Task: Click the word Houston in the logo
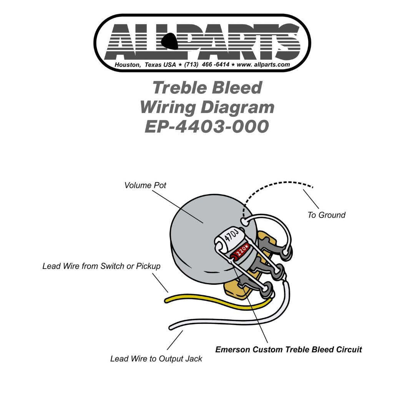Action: click(x=128, y=65)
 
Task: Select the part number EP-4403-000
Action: click(x=207, y=126)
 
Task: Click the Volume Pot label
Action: click(x=145, y=185)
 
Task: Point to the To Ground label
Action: click(x=326, y=215)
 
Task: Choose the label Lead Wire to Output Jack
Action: click(x=156, y=359)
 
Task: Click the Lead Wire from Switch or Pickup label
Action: click(x=101, y=266)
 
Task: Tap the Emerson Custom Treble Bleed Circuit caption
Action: click(x=289, y=350)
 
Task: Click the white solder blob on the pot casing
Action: click(x=244, y=221)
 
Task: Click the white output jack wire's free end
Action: click(x=172, y=327)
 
